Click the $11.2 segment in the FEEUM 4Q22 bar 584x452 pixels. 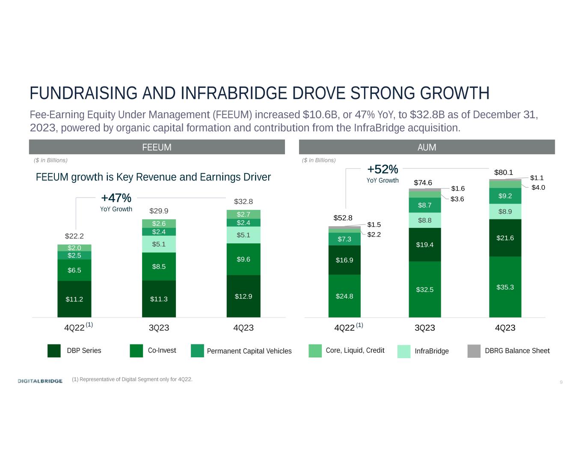pos(74,299)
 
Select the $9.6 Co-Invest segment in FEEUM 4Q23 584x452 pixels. pos(243,259)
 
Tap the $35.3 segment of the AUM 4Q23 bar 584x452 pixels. pos(505,287)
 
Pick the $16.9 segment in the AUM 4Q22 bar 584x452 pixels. pos(344,260)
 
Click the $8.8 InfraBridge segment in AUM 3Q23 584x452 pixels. pos(424,220)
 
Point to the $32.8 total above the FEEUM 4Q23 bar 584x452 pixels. pos(243,201)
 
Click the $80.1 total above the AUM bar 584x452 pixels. pos(504,172)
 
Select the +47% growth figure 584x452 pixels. pos(116,198)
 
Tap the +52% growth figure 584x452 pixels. pos(382,169)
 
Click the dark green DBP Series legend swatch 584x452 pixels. pos(54,350)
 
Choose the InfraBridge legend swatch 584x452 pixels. pos(403,351)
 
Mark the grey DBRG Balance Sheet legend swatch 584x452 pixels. pos(474,351)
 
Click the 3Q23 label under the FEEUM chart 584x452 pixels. pos(159,328)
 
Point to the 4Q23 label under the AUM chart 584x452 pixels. pos(505,328)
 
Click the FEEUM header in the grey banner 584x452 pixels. pos(157,147)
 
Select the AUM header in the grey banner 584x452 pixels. pos(427,147)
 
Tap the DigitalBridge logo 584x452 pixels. pos(40,381)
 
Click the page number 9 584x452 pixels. pos(561,382)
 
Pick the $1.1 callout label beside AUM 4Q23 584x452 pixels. pos(537,178)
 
